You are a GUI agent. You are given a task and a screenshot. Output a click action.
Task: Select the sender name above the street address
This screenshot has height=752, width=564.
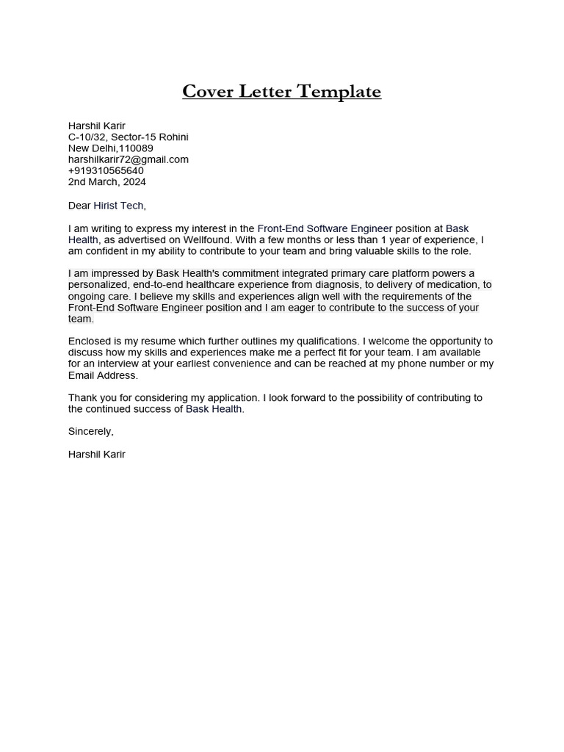click(x=97, y=126)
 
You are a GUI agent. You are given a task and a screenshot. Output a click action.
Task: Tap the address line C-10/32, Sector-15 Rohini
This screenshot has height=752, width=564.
click(x=129, y=137)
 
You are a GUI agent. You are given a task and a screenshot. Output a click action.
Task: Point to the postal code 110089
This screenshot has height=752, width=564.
click(x=136, y=148)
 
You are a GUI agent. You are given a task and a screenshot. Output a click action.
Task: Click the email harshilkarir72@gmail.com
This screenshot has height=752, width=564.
click(x=129, y=159)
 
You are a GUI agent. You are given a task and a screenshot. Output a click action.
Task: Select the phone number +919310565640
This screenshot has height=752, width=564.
click(x=106, y=170)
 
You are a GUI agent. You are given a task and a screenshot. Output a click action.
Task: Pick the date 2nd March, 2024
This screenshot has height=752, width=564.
click(x=107, y=181)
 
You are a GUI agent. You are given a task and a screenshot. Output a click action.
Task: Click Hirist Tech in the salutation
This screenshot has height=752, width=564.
click(x=119, y=206)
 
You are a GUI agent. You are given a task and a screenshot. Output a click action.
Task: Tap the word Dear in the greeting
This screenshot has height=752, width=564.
click(x=79, y=206)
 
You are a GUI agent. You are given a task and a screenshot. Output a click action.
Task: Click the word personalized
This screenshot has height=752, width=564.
click(x=98, y=285)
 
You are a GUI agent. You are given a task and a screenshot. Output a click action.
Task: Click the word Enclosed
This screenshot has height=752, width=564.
click(x=90, y=341)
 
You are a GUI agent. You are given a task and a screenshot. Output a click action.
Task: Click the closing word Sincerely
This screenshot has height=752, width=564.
click(x=90, y=431)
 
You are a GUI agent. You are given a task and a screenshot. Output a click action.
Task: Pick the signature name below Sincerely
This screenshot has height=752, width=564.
click(x=97, y=455)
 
